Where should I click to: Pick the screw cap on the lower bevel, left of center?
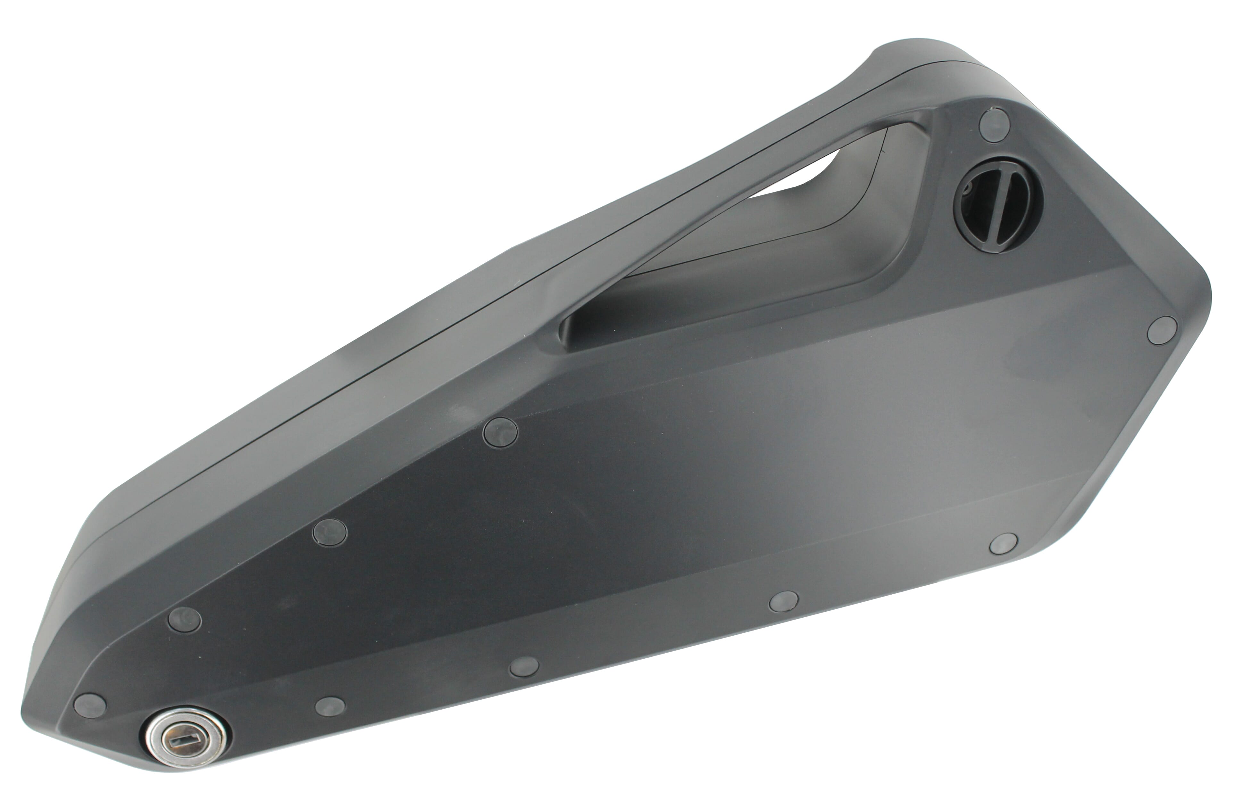[524, 666]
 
